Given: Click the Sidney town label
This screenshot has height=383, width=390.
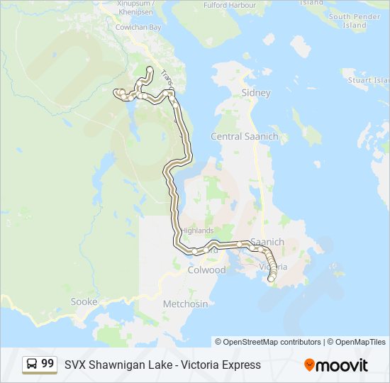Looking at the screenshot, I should coord(256,93).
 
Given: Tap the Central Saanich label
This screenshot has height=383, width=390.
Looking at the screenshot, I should coord(244,136).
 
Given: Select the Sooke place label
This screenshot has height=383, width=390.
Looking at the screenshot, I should coord(84,301).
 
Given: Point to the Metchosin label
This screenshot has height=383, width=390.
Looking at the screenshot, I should coord(186,304).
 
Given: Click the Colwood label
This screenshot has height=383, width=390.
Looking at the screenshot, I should coord(206,270).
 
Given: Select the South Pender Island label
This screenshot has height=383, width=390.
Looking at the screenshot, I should coord(355,21).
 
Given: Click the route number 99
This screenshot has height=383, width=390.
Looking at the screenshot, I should coord(48,364).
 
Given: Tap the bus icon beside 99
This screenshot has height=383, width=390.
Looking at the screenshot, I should coord(32,365).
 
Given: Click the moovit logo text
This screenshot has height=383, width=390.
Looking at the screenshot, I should coord(342,365).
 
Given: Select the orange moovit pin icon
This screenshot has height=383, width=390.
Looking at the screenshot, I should coord(309,365).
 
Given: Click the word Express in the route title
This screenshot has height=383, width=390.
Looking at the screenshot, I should coord(240,365).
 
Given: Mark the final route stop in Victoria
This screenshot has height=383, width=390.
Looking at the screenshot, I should coord(270,279).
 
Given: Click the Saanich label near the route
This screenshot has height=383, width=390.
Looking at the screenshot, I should coord(267,242).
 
